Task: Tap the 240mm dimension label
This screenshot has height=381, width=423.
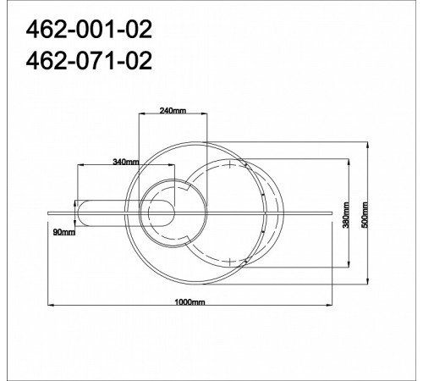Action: (x=172, y=111)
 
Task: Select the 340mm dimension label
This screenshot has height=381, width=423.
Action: (x=125, y=161)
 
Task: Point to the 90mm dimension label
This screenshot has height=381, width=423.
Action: (x=64, y=231)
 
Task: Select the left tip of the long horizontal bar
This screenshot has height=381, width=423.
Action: (x=47, y=207)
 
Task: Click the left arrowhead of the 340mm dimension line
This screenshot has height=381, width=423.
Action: (x=80, y=166)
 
